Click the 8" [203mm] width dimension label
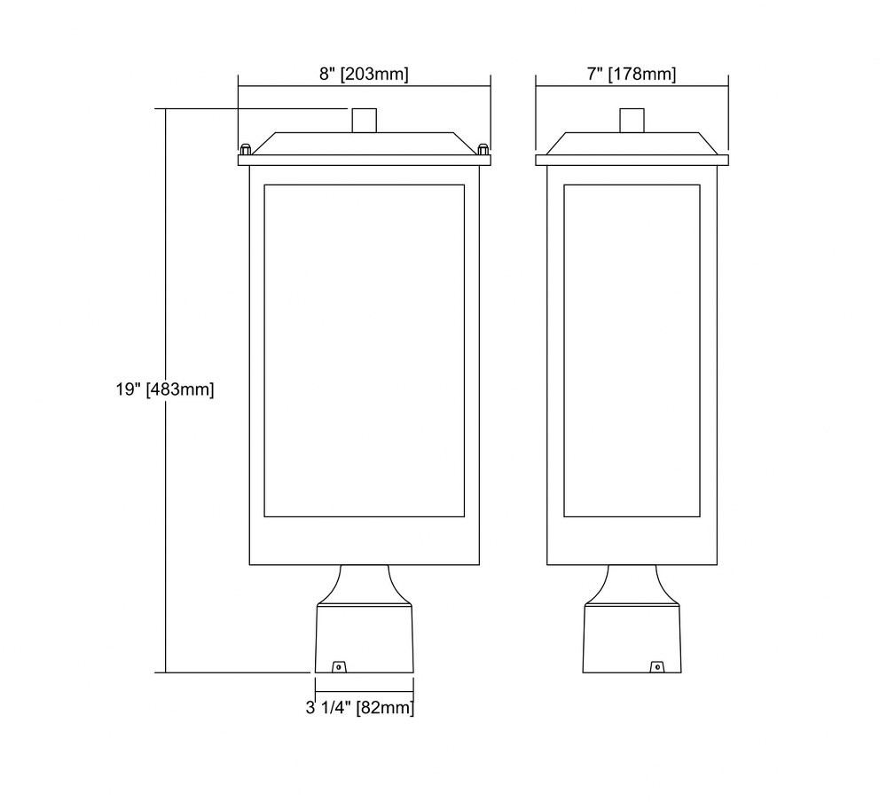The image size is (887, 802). coord(364,75)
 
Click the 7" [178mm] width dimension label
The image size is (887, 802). coord(632,75)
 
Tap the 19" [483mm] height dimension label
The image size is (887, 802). coord(165,389)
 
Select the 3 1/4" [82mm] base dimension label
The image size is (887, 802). coord(360,707)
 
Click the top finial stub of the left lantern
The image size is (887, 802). coord(365,121)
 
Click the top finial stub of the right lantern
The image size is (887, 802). coord(632,121)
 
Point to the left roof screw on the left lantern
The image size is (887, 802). coord(246,150)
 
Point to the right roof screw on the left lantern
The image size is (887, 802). coord(483,150)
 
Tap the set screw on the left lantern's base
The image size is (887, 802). coord(338,667)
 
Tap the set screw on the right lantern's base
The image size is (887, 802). coord(657,667)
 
